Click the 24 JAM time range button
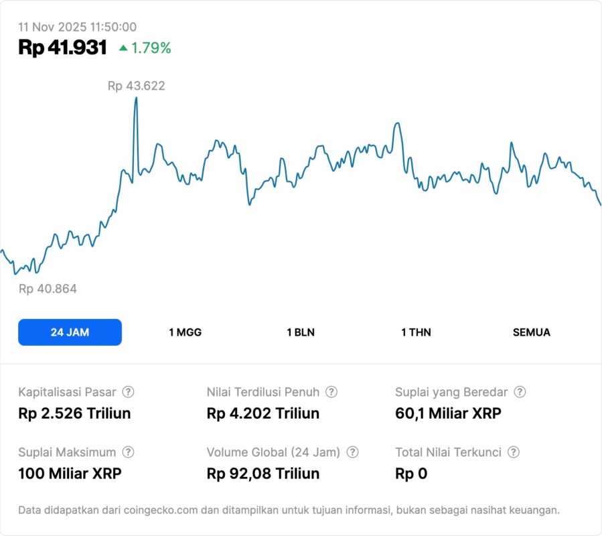pos(70,332)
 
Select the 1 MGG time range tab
pos(185,332)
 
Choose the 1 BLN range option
pos(301,332)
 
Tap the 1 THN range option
pos(416,332)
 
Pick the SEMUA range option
pos(531,332)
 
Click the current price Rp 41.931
pos(62,48)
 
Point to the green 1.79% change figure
pos(151,48)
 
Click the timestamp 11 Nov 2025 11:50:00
pos(77,27)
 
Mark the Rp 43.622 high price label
pos(136,86)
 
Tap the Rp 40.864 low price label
pos(48,289)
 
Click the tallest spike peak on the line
pos(136,98)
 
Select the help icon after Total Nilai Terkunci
pos(514,452)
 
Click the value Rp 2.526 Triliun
pos(74,413)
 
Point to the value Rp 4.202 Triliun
pos(263,413)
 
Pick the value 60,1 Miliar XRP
pos(448,413)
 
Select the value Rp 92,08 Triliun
pos(263,474)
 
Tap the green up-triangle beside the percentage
pos(123,48)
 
